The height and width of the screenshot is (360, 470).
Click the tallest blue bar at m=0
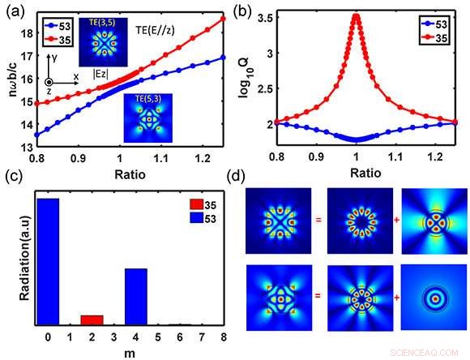[48, 259]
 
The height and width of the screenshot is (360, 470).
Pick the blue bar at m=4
[135, 296]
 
